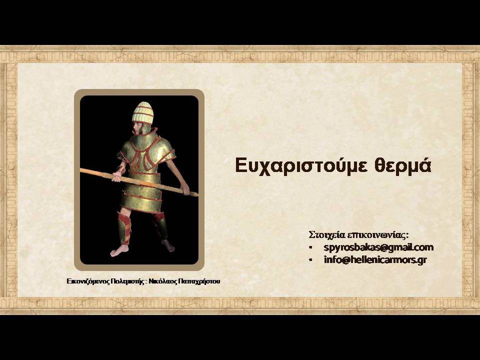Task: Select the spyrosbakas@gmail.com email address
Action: tap(378, 247)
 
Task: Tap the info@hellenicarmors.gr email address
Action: tap(375, 259)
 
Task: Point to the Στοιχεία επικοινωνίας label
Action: tap(359, 235)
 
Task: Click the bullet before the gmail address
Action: tap(310, 247)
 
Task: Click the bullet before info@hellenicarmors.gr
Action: tap(310, 259)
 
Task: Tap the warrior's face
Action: tap(137, 127)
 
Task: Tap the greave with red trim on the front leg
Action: tap(124, 228)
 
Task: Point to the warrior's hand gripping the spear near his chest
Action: tap(117, 176)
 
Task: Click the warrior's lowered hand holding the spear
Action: tap(185, 189)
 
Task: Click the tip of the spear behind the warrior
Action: tap(81, 170)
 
